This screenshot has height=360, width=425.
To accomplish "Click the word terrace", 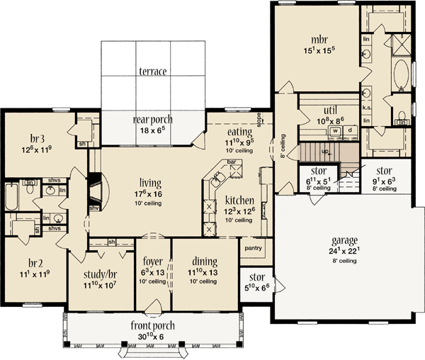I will point(152,72).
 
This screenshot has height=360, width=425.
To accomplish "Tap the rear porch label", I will point(153,120).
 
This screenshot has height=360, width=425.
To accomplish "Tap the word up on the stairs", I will point(326,151).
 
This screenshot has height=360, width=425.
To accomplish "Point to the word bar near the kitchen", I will point(230,162).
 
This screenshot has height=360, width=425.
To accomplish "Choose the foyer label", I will point(154,260).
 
